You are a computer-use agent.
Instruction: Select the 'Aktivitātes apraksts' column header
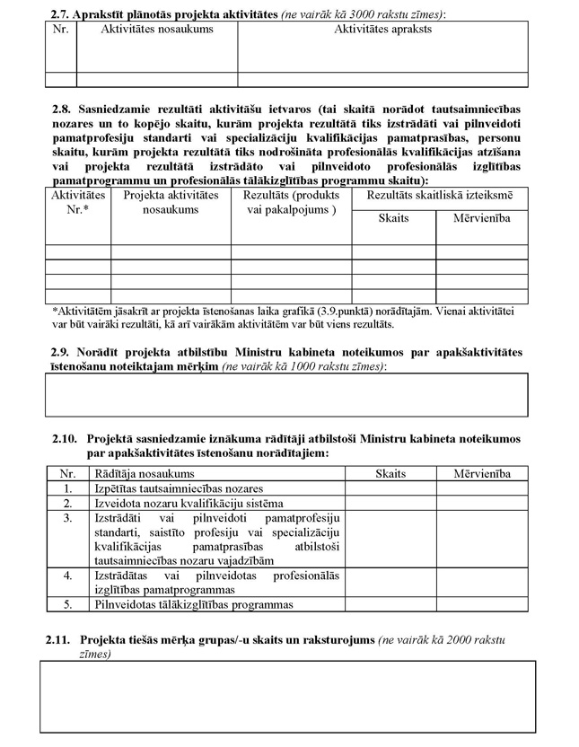pyautogui.click(x=382, y=29)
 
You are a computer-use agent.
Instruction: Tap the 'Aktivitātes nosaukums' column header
pyautogui.click(x=156, y=29)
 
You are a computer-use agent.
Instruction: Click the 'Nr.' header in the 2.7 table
pyautogui.click(x=60, y=29)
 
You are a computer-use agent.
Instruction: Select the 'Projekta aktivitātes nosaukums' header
pyautogui.click(x=171, y=202)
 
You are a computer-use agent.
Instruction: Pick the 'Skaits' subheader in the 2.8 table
pyautogui.click(x=393, y=218)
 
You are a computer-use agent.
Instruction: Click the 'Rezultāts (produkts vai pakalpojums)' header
pyautogui.click(x=291, y=202)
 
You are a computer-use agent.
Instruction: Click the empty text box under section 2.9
pyautogui.click(x=286, y=395)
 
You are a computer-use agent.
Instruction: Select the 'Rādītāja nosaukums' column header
pyautogui.click(x=144, y=473)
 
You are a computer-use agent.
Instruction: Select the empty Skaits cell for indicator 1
pyautogui.click(x=390, y=488)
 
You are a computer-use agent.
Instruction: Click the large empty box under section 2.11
pyautogui.click(x=288, y=697)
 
